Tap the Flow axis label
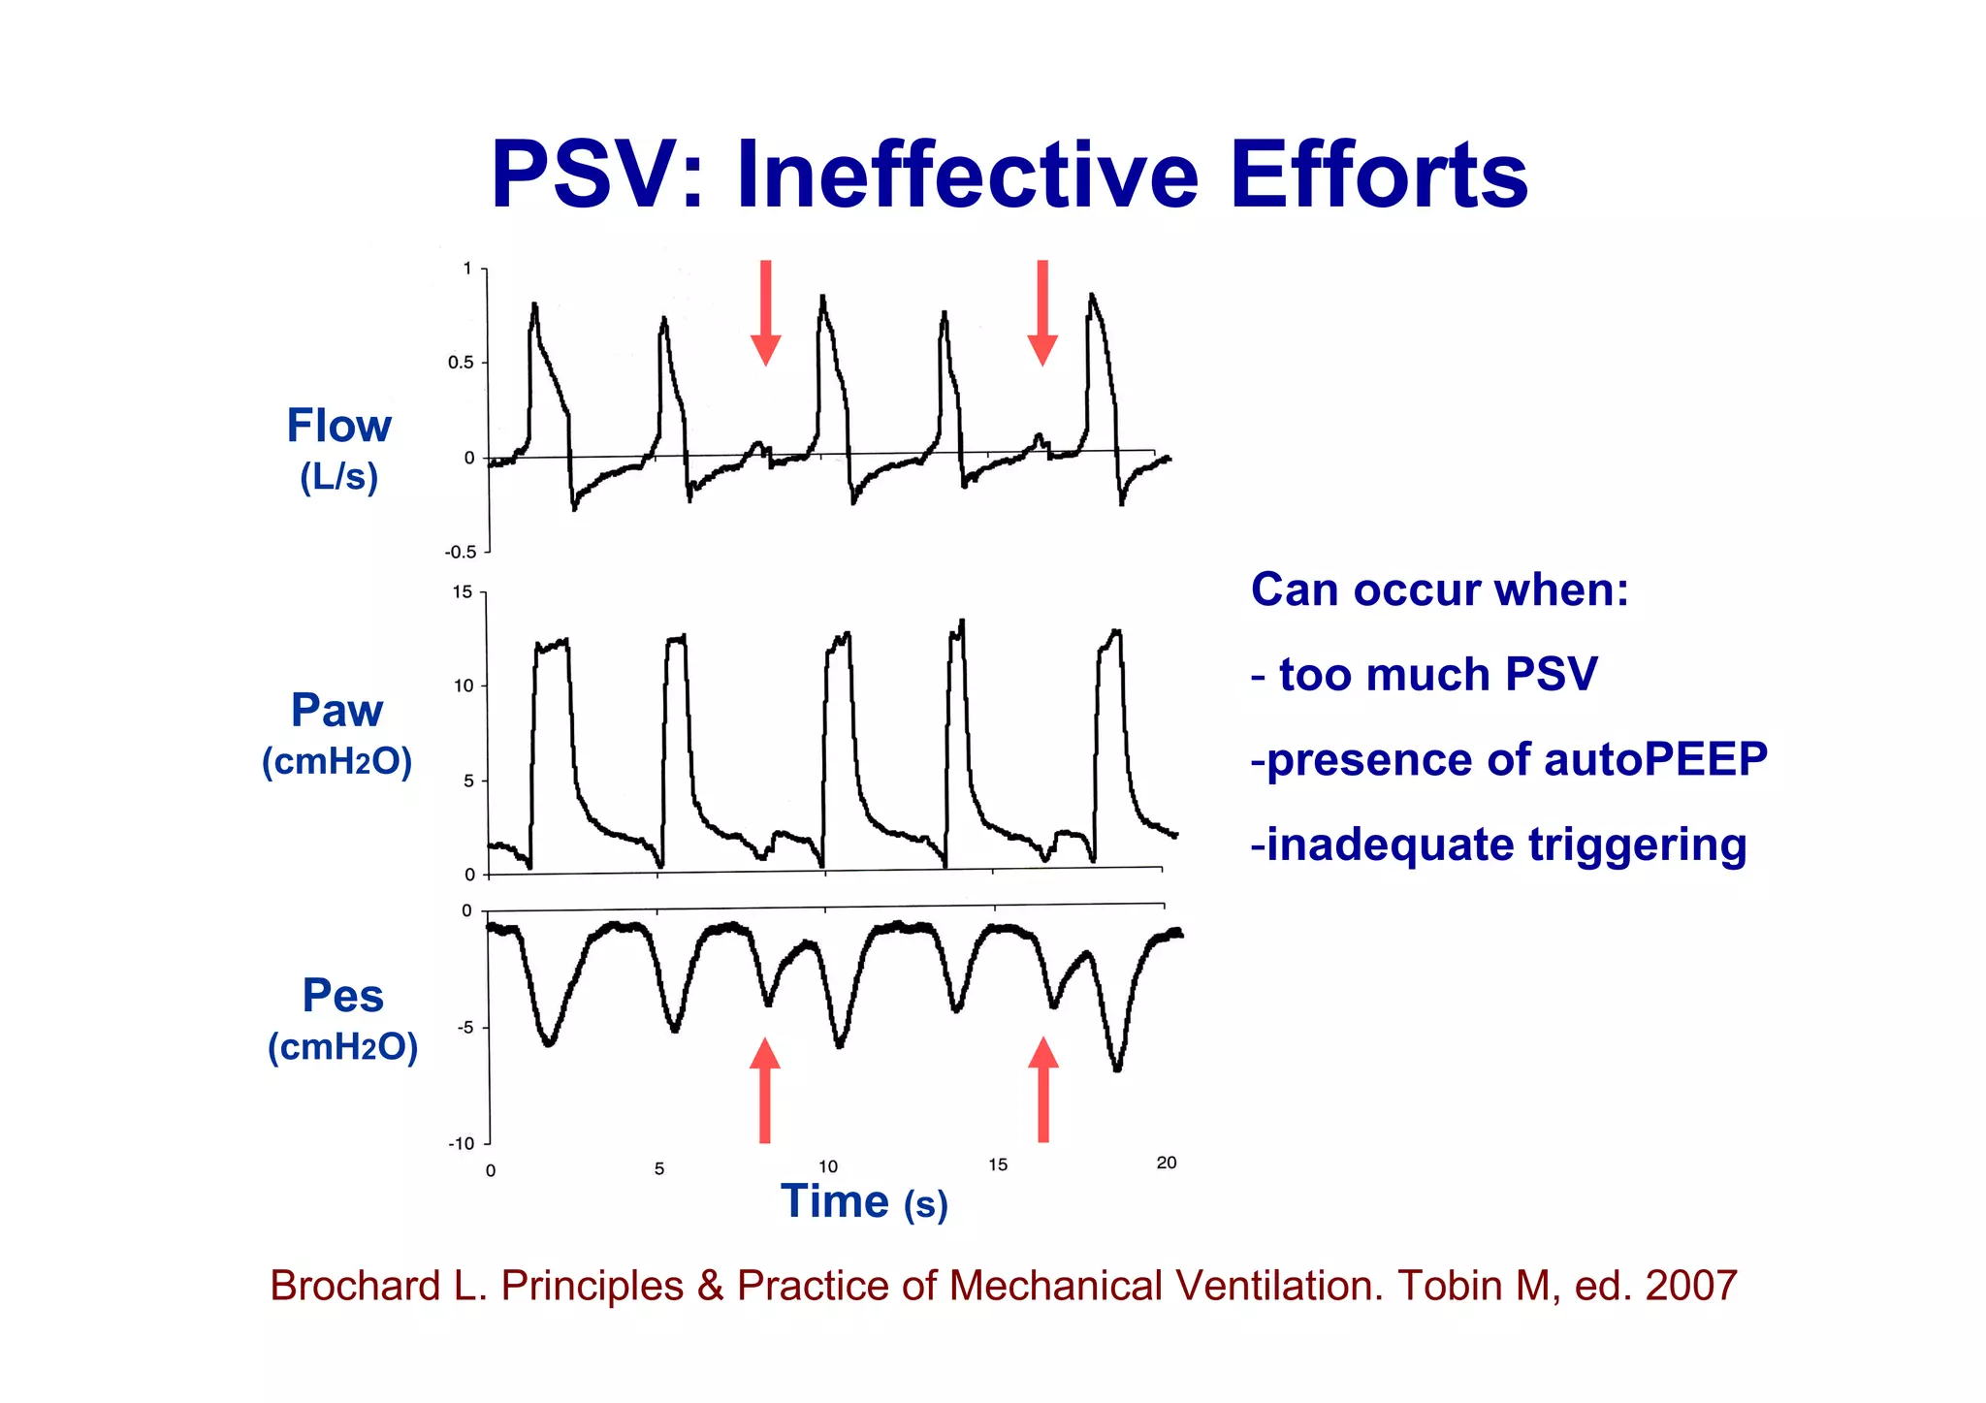pos(338,427)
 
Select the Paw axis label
pos(336,711)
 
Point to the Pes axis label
pos(342,996)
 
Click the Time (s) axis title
pos(864,1202)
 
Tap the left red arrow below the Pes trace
pos(765,1090)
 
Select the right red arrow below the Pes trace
pos(1043,1090)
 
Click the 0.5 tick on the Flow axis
pos(461,363)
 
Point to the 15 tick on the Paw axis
pos(463,592)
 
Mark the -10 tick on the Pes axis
pos(461,1144)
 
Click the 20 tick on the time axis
pos(1167,1163)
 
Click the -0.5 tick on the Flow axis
pos(461,553)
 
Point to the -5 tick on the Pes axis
pos(465,1028)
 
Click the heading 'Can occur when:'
pos(1440,590)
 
